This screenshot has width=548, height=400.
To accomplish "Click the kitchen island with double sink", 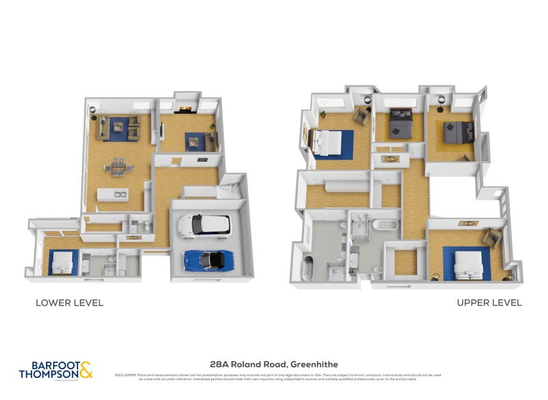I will coord(114,195).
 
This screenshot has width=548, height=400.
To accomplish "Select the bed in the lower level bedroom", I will coord(62,261).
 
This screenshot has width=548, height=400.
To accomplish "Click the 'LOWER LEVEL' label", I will coord(69,303).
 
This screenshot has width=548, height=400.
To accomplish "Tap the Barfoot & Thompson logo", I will coord(56,370).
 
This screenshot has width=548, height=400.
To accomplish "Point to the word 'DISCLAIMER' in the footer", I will coord(126,375).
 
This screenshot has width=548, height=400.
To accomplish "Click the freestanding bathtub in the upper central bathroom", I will coord(383,225).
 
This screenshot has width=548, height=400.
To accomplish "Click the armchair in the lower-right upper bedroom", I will coord(491,238).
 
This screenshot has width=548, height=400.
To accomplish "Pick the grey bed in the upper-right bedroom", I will coord(456,132).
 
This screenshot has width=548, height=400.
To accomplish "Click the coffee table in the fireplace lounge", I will coord(193,142).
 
